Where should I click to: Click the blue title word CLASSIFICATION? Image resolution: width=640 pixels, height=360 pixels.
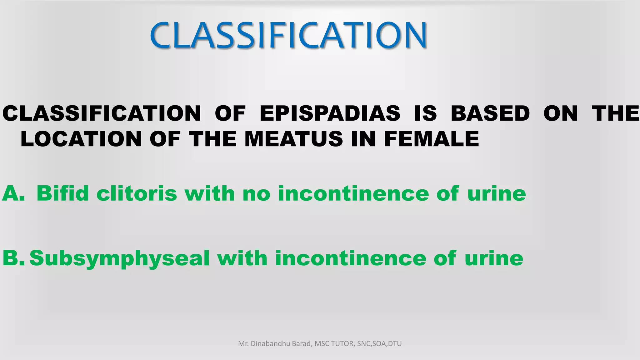[x=288, y=35]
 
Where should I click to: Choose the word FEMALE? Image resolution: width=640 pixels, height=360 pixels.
[x=431, y=139]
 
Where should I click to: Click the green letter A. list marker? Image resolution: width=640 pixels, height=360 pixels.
[x=13, y=193]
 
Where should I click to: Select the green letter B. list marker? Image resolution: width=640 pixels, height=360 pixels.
[x=13, y=258]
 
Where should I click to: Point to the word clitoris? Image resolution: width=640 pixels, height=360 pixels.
[x=137, y=193]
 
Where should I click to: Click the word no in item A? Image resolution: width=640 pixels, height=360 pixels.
[x=256, y=193]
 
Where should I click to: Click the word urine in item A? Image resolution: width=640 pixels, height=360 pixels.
[x=497, y=193]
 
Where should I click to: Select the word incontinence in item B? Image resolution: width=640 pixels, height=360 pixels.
[x=350, y=258]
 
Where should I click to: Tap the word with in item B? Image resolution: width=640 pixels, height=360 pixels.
[x=242, y=258]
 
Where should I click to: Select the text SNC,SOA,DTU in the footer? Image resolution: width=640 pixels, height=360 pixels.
[x=379, y=344]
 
